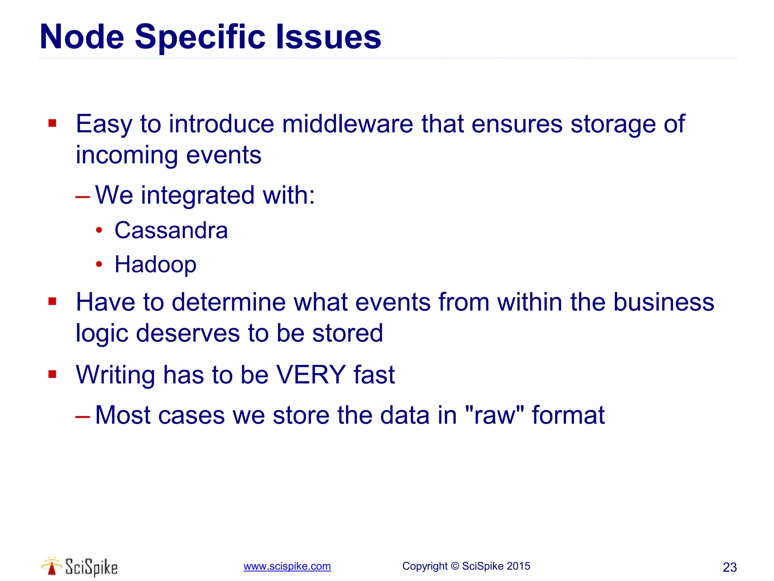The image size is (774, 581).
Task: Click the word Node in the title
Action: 82,37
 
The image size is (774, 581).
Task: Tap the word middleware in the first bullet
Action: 348,124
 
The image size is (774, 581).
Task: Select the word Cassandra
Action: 171,230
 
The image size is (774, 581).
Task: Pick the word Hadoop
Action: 155,264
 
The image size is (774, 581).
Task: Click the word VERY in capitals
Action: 311,374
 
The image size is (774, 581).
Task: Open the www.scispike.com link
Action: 287,566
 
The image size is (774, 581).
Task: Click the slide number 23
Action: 729,567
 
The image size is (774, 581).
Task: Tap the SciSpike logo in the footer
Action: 80,567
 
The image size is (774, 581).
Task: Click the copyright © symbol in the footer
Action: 455,566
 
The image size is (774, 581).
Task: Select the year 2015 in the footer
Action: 518,566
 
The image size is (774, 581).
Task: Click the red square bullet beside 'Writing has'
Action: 52,374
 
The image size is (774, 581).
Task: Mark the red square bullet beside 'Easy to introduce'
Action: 52,123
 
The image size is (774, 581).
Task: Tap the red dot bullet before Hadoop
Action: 99,264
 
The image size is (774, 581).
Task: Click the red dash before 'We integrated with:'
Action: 82,197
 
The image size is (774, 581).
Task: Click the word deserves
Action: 188,333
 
